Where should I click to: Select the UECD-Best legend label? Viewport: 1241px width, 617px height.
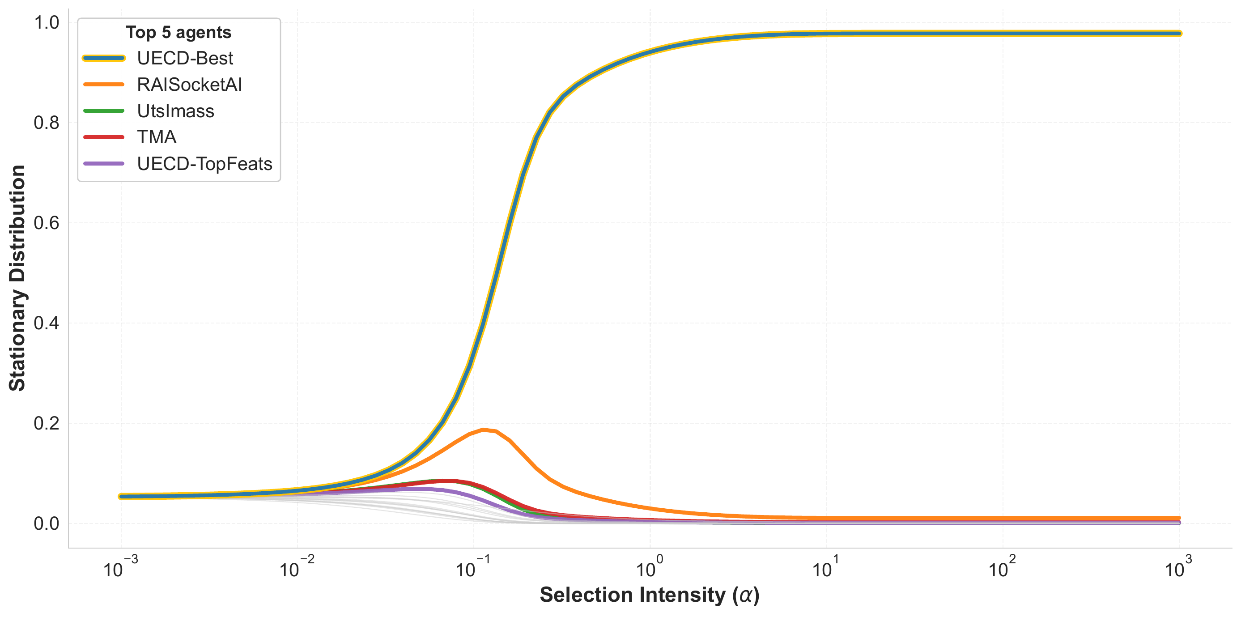[185, 58]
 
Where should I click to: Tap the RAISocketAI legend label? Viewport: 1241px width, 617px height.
[189, 85]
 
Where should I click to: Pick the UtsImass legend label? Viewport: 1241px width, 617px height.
[175, 111]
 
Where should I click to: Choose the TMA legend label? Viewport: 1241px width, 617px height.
[157, 137]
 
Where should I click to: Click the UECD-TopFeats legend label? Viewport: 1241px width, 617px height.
[205, 164]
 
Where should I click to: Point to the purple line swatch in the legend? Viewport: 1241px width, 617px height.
[104, 164]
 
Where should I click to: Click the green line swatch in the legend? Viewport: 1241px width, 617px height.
[104, 111]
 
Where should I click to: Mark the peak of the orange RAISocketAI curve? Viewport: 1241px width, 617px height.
[483, 430]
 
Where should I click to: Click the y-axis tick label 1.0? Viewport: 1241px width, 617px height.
[46, 23]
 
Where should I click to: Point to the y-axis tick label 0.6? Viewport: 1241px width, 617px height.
[46, 223]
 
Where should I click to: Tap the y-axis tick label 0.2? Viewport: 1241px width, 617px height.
[46, 423]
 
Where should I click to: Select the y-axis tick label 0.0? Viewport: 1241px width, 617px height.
[46, 523]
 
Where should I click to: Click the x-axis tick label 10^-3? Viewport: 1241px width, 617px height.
[120, 566]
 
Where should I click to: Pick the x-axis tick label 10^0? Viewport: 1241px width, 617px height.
[650, 566]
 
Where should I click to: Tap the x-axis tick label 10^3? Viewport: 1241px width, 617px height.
[1178, 566]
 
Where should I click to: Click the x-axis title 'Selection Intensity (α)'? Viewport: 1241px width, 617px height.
[650, 596]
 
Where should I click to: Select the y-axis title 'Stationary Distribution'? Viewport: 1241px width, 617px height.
[17, 278]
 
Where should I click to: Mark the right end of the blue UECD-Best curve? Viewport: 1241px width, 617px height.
[1179, 34]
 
